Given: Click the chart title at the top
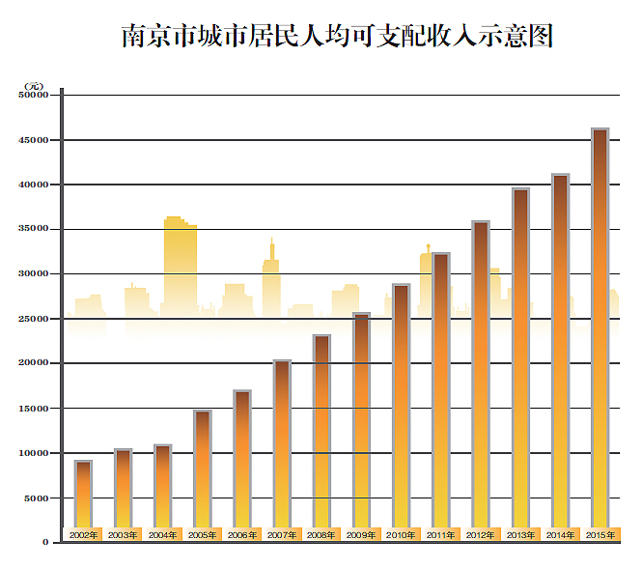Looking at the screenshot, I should coord(337,36).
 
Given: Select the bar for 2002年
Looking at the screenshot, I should coord(84,493).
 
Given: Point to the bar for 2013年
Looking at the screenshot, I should coord(520,357).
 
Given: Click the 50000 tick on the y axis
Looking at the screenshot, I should coord(34,95).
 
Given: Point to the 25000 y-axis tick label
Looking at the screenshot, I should coord(34,319).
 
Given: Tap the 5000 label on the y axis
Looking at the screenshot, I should coord(37,498).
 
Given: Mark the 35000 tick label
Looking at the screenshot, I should coord(34,229).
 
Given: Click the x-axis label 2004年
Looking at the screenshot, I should coord(162,534).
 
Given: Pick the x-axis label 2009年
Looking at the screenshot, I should coord(361,534).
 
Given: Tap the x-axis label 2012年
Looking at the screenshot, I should coord(480,534).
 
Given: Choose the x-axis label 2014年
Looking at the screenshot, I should coord(560,534).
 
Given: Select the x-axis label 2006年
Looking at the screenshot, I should coord(242,534).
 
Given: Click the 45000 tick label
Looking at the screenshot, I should coord(34,140).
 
